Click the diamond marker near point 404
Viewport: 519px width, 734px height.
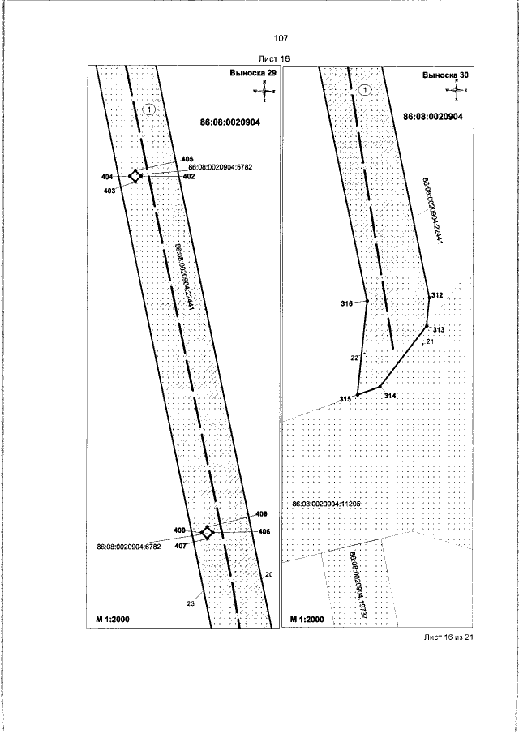pyautogui.click(x=136, y=176)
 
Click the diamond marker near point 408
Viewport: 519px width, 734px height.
pyautogui.click(x=208, y=532)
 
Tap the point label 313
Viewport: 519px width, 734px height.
pyautogui.click(x=438, y=330)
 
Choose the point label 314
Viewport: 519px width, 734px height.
pyautogui.click(x=390, y=396)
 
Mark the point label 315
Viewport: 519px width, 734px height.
pyautogui.click(x=345, y=398)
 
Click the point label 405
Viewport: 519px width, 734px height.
pyautogui.click(x=187, y=158)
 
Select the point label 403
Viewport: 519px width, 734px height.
pyautogui.click(x=109, y=191)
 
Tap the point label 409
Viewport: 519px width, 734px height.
pyautogui.click(x=261, y=514)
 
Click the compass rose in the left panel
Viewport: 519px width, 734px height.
pyautogui.click(x=265, y=92)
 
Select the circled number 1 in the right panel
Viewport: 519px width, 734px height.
pyautogui.click(x=366, y=90)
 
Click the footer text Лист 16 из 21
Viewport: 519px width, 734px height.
pyautogui.click(x=448, y=637)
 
